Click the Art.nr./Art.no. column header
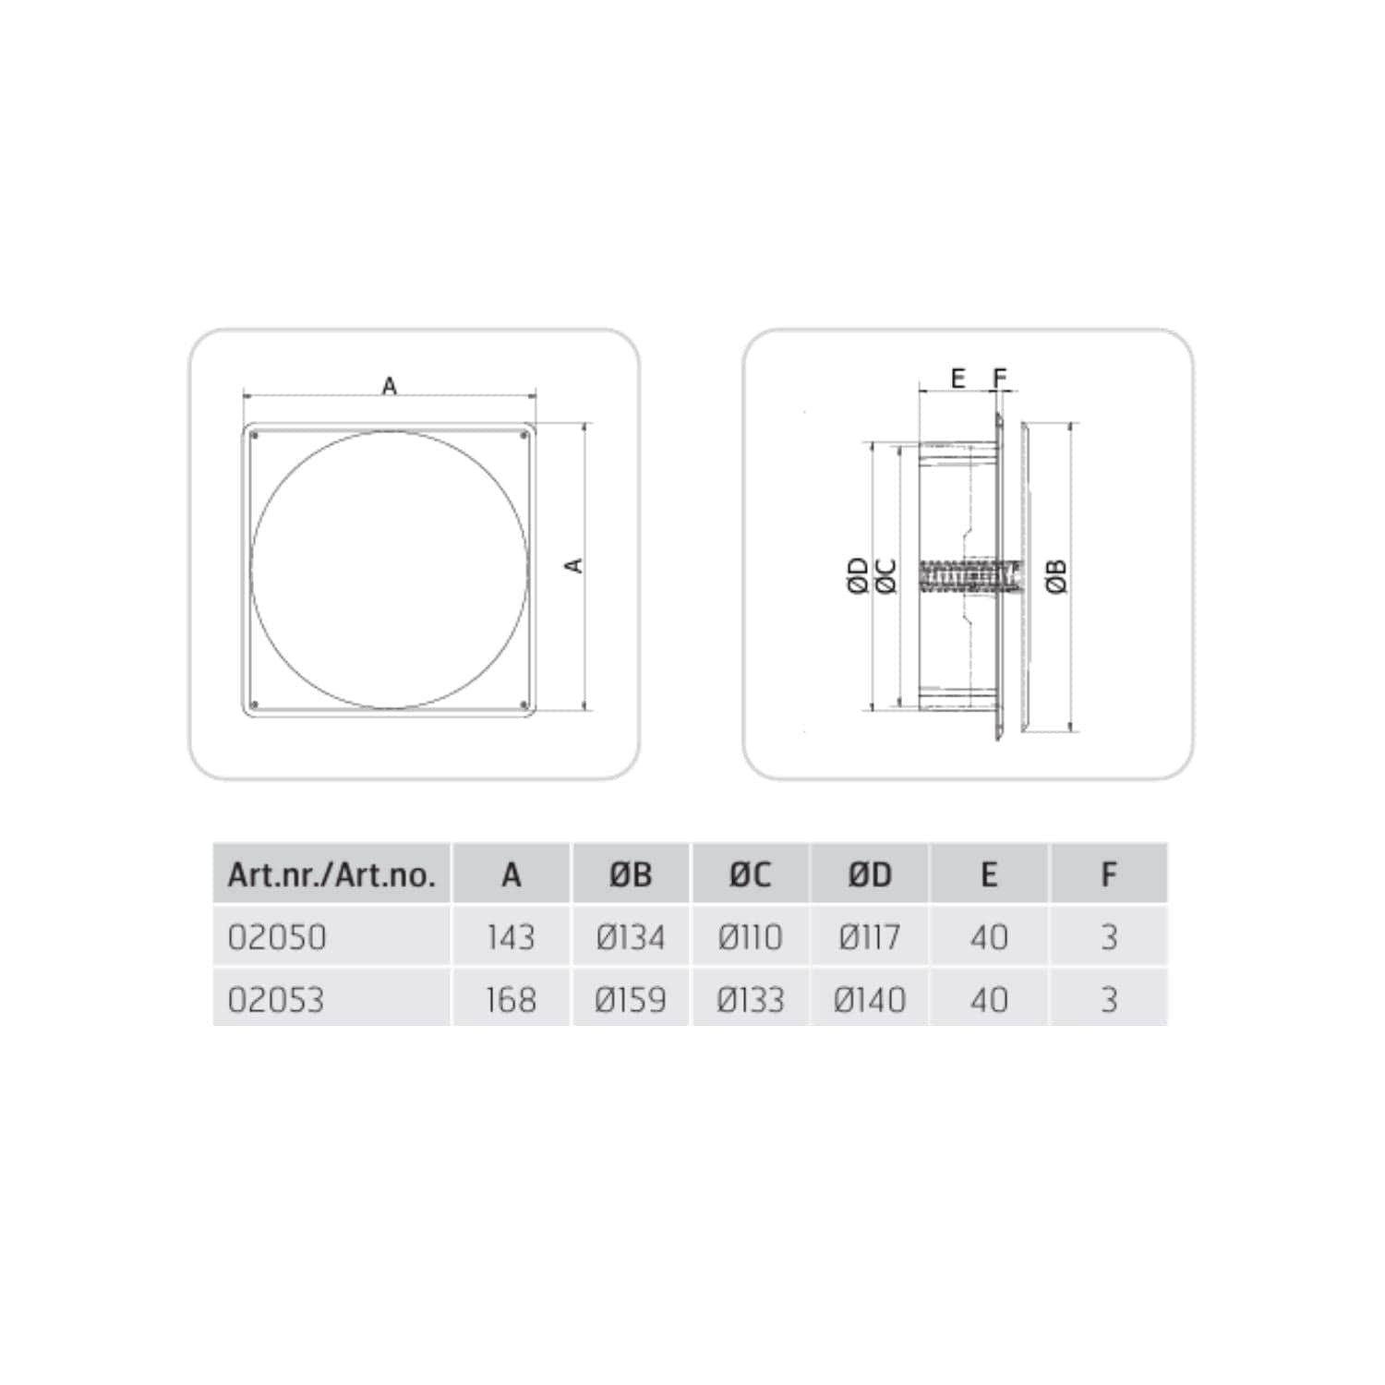pos(331,873)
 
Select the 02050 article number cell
pos(277,937)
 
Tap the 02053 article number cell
pos(276,1000)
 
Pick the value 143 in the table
pos(511,937)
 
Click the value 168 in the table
pos(511,1000)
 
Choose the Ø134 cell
pos(631,937)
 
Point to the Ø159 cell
pos(631,1000)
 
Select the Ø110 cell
pos(750,937)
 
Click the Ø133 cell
pos(750,1000)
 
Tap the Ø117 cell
pos(870,937)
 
